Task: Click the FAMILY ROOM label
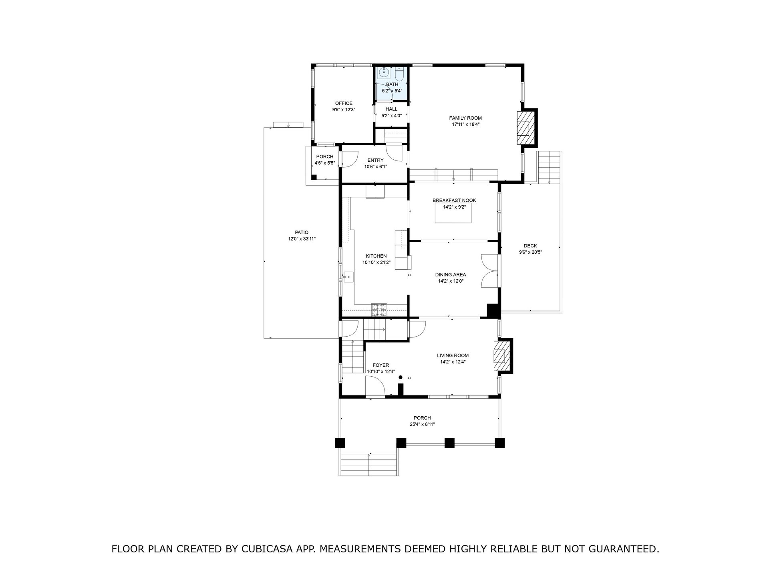pos(465,118)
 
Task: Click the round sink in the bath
pos(384,72)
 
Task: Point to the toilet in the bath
pos(399,74)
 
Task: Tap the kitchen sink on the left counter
pos(68,276)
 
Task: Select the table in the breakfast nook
pos(454,213)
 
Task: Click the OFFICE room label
pos(344,103)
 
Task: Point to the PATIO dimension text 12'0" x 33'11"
pos(302,239)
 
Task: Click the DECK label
pos(530,246)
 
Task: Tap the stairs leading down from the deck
pos(549,167)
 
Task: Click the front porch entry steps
pos(369,464)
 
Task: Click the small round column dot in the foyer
pos(399,377)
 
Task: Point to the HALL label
pos(391,109)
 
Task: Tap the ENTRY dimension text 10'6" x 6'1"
pos(376,167)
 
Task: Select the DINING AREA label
pos(451,275)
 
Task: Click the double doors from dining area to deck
pos(489,271)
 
